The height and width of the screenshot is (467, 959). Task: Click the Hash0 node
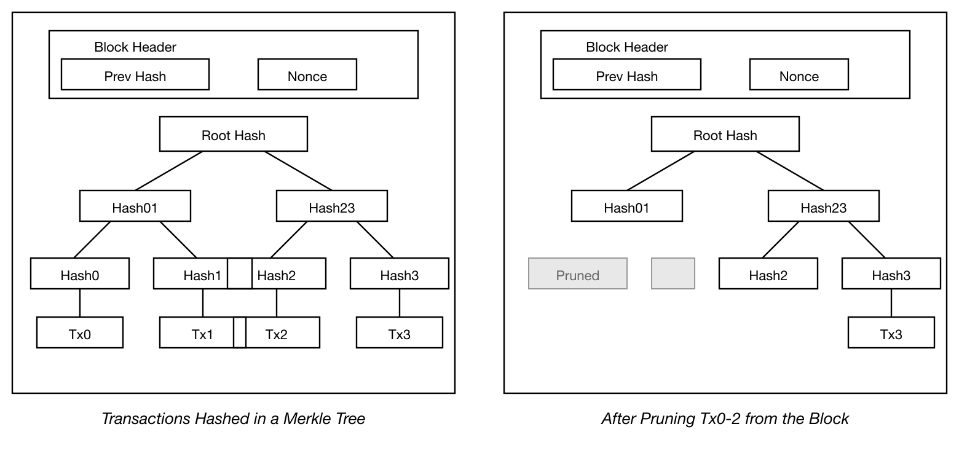80,274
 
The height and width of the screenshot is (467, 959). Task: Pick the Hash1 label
202,275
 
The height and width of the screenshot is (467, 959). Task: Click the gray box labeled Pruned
578,274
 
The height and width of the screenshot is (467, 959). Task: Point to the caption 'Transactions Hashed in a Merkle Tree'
233,419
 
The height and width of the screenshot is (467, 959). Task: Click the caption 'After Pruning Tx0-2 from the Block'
725,419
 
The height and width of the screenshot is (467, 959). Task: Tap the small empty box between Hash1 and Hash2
240,273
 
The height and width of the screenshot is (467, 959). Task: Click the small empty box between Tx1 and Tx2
240,332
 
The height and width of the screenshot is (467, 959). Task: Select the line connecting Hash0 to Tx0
80,303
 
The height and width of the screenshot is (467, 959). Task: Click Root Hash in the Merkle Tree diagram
234,135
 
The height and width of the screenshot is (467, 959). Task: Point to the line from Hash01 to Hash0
92,240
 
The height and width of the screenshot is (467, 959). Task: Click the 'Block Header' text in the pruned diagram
627,47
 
